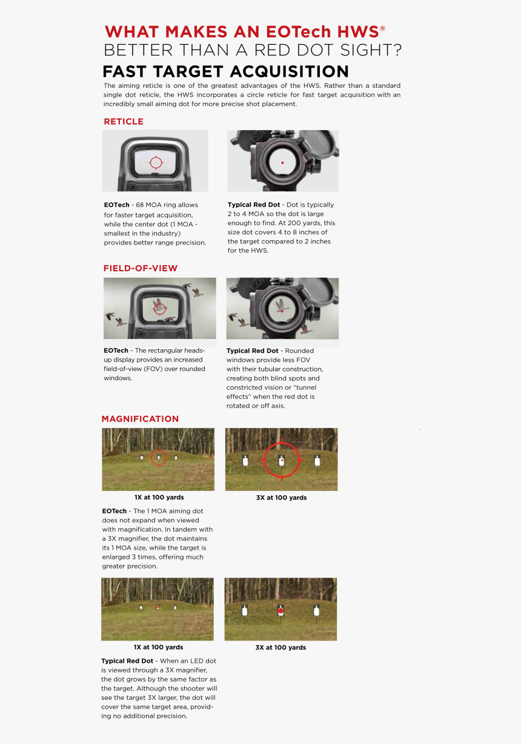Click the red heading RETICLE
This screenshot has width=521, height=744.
[124, 122]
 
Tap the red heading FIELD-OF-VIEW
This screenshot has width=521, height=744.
[141, 268]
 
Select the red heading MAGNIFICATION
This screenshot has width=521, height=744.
[140, 419]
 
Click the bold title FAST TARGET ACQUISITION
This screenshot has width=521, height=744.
[225, 71]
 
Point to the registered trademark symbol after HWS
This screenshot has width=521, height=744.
[382, 28]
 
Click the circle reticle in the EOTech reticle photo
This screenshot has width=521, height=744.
[156, 162]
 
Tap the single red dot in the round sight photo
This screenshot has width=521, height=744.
[282, 162]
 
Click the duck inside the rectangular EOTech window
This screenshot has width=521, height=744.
[160, 307]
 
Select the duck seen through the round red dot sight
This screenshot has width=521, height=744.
[282, 306]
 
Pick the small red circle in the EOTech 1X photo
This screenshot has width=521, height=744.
[159, 457]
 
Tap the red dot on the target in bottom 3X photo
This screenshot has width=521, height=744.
[280, 611]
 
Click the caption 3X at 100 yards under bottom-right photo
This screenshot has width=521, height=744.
[280, 648]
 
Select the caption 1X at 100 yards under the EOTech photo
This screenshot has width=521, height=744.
[159, 497]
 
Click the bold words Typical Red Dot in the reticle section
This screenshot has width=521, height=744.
[254, 205]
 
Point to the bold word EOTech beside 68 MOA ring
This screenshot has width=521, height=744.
[116, 205]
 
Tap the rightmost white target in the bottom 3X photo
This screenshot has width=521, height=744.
[316, 610]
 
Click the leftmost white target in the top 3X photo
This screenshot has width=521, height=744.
[245, 461]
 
